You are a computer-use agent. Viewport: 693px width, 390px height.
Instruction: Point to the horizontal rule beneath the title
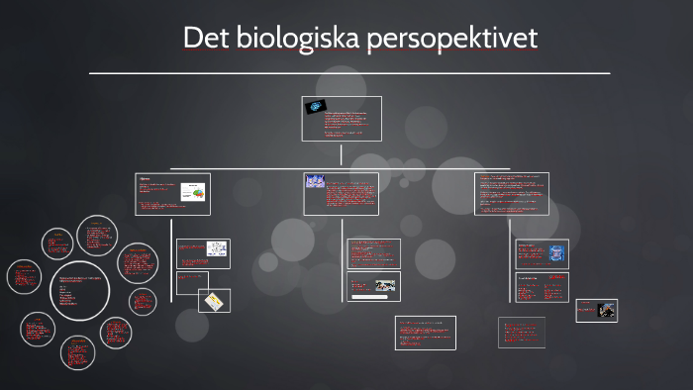(x=349, y=73)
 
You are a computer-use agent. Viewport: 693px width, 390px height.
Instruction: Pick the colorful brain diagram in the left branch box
(x=194, y=192)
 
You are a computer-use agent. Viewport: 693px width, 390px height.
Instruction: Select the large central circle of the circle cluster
(x=79, y=290)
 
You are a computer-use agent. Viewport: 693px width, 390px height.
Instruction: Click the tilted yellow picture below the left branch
(x=214, y=301)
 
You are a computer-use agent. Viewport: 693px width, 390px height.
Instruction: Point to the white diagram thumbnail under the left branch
(x=216, y=248)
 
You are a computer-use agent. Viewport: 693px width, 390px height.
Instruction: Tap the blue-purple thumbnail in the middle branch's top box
(x=315, y=181)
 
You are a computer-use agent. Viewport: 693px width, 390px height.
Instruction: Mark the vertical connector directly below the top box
(x=342, y=153)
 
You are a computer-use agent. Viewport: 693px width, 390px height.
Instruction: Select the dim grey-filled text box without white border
(x=521, y=332)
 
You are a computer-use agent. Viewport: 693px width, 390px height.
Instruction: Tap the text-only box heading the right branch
(x=512, y=193)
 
